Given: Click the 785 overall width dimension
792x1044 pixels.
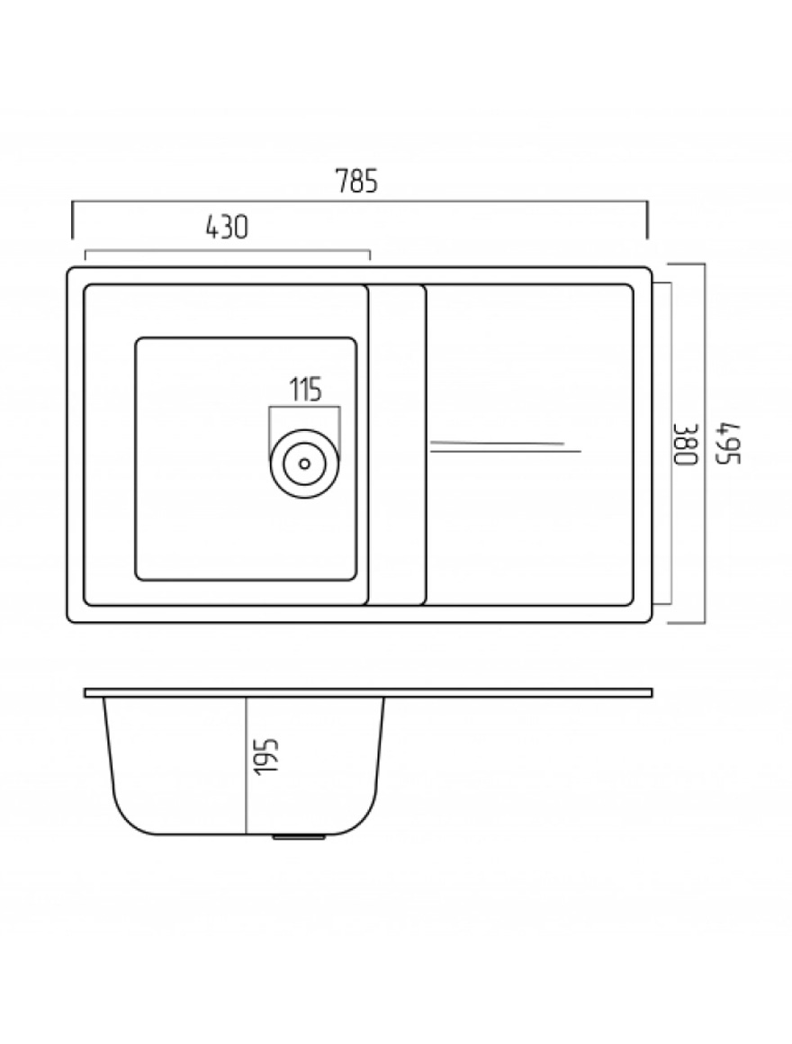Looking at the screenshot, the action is [356, 180].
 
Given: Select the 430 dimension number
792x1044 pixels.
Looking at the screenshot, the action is [227, 227].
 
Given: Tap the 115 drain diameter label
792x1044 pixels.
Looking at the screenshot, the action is [305, 390].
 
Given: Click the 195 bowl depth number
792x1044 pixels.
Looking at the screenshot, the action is [266, 756].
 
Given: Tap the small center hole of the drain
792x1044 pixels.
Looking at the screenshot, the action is [305, 463].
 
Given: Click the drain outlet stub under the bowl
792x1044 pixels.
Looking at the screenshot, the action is [299, 836].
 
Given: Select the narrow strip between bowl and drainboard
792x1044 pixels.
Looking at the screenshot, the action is [395, 445].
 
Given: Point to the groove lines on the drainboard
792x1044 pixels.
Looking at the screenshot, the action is [506, 446].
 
